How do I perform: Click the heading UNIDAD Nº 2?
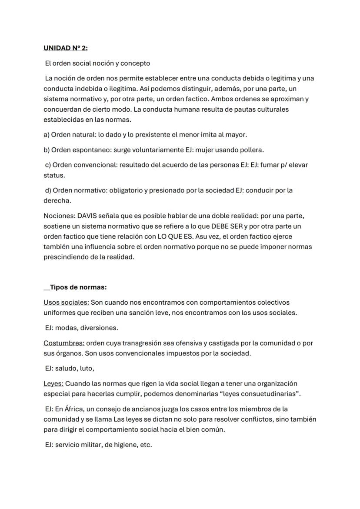tap(66, 48)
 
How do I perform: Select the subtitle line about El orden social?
tap(98, 63)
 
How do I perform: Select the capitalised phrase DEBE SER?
tap(228, 226)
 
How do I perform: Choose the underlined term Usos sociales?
tap(66, 303)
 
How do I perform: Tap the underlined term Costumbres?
tap(64, 343)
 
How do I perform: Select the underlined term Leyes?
tap(53, 384)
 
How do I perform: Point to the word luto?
tap(86, 369)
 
